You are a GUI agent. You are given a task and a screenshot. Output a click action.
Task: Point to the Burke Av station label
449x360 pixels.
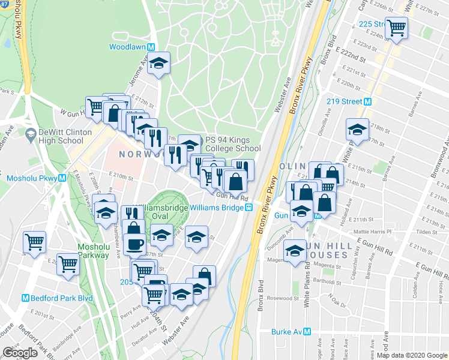click(291, 332)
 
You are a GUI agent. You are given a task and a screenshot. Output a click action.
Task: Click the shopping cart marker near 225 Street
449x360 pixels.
click(396, 28)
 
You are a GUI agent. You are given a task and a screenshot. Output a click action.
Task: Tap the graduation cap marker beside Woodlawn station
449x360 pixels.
click(158, 63)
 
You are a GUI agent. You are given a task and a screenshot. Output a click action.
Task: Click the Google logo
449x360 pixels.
click(20, 352)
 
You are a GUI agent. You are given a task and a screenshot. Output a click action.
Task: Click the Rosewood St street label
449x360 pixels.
click(283, 298)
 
